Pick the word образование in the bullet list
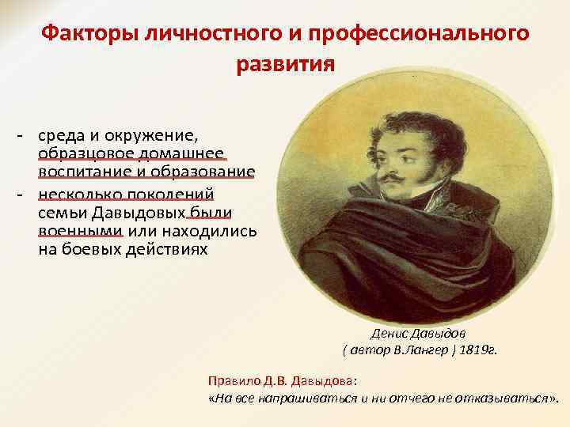[x=207, y=172]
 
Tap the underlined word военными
[x=80, y=231]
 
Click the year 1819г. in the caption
[x=477, y=350]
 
